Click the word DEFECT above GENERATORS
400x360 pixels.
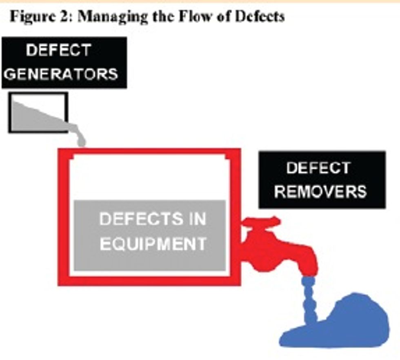pos(58,50)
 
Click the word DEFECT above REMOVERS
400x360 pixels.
pos(318,168)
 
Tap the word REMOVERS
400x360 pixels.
pos(320,192)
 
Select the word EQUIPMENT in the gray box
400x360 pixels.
pos(153,244)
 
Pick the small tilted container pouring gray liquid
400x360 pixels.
pos(38,113)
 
